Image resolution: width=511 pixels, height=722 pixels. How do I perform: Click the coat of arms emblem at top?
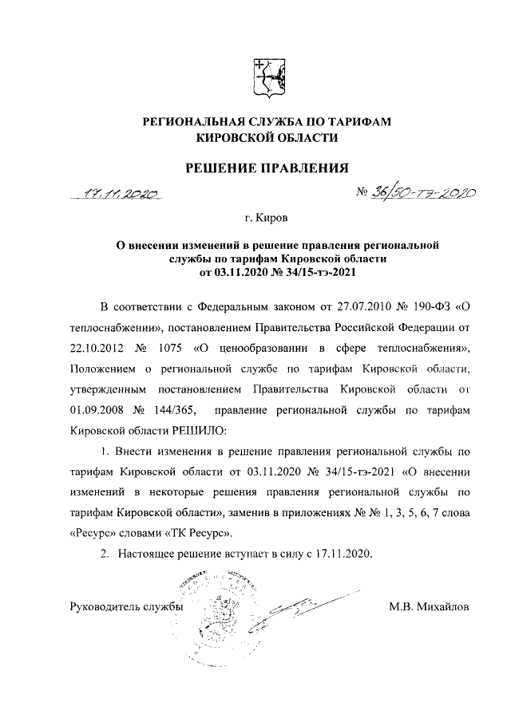coord(267,77)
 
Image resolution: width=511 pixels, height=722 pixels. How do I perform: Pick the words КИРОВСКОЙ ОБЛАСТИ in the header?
coord(267,138)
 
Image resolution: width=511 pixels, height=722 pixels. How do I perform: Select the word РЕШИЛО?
coord(198,432)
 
